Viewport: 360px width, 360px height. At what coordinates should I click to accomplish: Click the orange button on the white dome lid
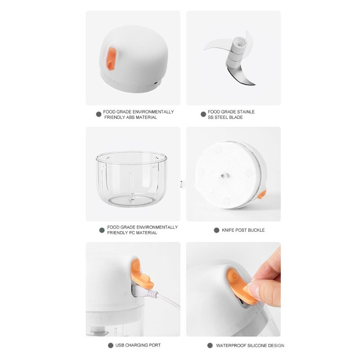click(111, 59)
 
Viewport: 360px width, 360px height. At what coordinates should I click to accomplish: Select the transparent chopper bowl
click(131, 179)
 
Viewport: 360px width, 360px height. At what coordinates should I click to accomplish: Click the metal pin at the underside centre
click(223, 176)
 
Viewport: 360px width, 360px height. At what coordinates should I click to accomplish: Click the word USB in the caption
click(120, 345)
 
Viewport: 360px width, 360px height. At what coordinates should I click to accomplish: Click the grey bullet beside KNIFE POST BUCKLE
click(216, 230)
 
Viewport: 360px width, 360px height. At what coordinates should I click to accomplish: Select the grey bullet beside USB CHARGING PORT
click(111, 345)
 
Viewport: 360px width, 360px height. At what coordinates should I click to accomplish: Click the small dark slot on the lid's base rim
click(155, 83)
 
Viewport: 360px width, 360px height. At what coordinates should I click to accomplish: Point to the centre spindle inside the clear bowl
click(131, 188)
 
